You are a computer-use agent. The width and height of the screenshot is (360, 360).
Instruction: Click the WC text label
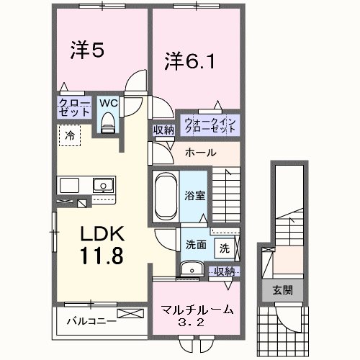(x=108, y=103)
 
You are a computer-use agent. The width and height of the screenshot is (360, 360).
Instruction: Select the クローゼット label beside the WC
(x=74, y=107)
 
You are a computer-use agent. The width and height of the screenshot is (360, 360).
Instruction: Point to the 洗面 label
(x=195, y=244)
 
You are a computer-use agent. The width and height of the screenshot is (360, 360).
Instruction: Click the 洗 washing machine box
(x=224, y=248)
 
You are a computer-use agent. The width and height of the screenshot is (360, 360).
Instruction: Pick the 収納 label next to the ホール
(x=163, y=130)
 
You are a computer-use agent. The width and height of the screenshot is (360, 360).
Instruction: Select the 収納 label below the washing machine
(x=225, y=271)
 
